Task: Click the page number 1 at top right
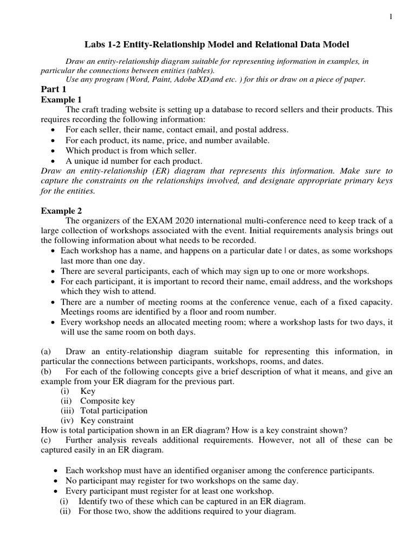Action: click(391, 18)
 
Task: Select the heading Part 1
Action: click(54, 89)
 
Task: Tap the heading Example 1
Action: click(61, 100)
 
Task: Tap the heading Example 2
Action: click(61, 210)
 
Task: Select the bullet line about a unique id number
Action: click(134, 161)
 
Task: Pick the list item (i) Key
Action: click(78, 391)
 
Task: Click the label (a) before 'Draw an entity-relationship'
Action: click(47, 352)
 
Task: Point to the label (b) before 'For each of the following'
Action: click(47, 371)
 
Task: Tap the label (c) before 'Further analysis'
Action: click(47, 440)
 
